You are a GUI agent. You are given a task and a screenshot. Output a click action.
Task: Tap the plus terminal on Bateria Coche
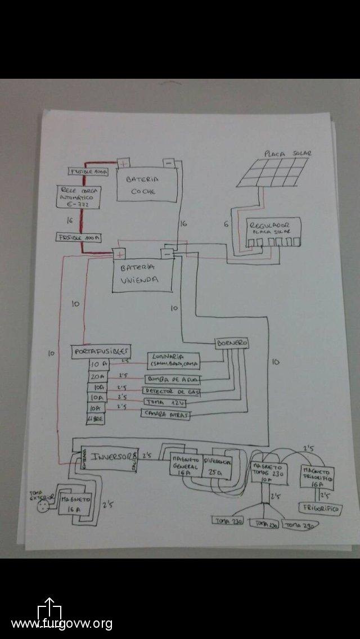(122, 163)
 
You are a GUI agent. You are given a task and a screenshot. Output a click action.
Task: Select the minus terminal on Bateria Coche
(169, 163)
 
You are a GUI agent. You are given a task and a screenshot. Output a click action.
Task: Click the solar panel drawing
(273, 172)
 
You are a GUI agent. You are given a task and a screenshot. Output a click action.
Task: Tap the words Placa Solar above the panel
(287, 153)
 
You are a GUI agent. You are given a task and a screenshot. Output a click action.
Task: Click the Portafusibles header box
(102, 350)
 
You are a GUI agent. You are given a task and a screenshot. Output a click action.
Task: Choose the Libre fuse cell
(94, 419)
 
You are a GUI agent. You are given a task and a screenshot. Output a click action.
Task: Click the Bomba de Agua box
(172, 378)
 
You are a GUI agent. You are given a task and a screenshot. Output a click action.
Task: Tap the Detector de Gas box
(171, 391)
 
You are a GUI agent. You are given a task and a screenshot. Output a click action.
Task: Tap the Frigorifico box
(319, 508)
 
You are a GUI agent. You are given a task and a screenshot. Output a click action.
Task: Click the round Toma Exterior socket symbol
(42, 507)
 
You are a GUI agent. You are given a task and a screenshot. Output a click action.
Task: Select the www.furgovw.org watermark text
(62, 623)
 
